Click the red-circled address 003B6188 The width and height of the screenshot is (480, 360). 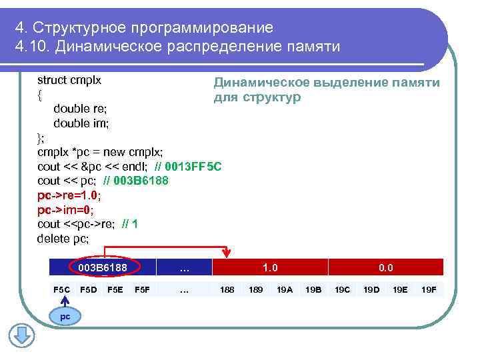[103, 267]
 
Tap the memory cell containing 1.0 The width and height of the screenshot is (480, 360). [270, 267]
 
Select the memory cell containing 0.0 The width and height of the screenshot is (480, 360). [385, 267]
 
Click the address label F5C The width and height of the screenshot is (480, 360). [61, 289]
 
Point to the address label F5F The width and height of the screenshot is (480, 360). [142, 289]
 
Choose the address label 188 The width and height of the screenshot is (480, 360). [227, 289]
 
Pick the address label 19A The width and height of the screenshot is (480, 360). [285, 289]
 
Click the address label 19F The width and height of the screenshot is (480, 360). [429, 289]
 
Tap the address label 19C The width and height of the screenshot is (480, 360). [342, 289]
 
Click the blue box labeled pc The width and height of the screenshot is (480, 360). [65, 316]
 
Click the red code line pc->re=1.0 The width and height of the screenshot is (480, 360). [69, 195]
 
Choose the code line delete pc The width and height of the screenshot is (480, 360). [63, 239]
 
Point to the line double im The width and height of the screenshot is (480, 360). [81, 123]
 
